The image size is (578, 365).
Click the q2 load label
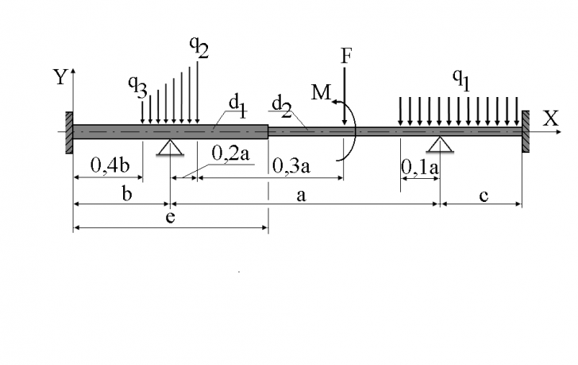(x=199, y=47)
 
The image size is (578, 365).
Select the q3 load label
(x=138, y=87)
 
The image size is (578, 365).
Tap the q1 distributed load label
(x=461, y=80)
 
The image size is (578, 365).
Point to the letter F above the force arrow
(x=346, y=56)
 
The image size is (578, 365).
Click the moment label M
(x=322, y=92)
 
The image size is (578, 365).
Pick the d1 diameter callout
(x=237, y=107)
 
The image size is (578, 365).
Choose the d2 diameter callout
(x=281, y=107)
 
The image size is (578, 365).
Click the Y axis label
(x=61, y=77)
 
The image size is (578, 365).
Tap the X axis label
(x=551, y=118)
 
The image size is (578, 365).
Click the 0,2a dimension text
(x=231, y=153)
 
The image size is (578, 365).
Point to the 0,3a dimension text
(x=291, y=165)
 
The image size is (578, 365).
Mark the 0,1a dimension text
(x=420, y=167)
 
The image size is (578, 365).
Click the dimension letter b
(x=126, y=193)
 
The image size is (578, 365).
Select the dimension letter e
(x=170, y=218)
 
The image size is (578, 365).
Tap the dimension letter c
(x=484, y=196)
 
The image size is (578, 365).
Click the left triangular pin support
(x=170, y=147)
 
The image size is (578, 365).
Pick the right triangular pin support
(x=440, y=144)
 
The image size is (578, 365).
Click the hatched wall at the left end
(x=69, y=133)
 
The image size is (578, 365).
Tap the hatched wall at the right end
(x=526, y=131)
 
